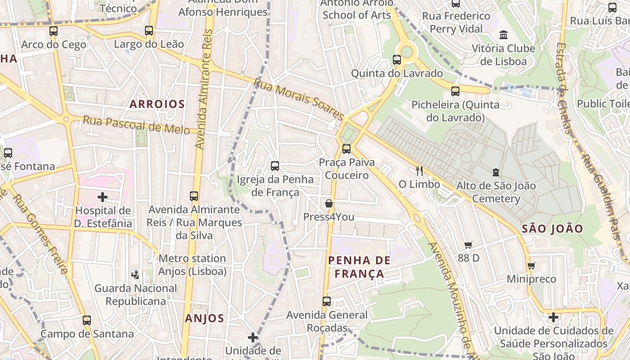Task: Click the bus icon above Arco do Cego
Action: [x=54, y=31]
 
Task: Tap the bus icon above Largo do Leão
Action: [x=149, y=31]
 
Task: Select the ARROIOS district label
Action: [x=157, y=104]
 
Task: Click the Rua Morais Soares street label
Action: [x=299, y=99]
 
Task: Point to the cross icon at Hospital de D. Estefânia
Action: [x=103, y=197]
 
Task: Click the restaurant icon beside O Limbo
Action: [x=419, y=171]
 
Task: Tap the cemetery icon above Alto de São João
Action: [x=495, y=172]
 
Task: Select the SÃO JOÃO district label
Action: [x=552, y=229]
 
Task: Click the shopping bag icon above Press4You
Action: [x=329, y=203]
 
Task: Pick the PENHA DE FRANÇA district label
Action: [x=359, y=267]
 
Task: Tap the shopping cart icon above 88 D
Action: [x=468, y=245]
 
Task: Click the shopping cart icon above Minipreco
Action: [x=531, y=265]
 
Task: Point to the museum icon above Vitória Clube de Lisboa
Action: [x=504, y=35]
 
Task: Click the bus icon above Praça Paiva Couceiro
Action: [x=346, y=148]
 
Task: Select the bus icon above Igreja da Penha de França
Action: [x=275, y=166]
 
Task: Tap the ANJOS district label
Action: [x=204, y=319]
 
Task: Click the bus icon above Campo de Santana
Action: [x=87, y=320]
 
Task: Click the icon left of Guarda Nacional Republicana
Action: [x=135, y=274]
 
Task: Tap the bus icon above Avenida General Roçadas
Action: [x=327, y=301]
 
